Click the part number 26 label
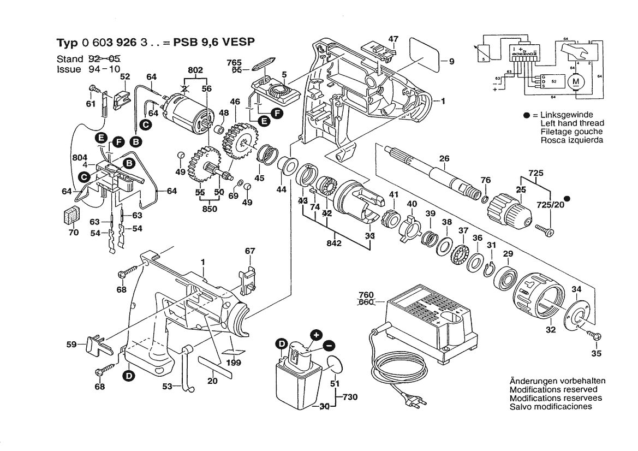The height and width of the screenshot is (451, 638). [x=444, y=159]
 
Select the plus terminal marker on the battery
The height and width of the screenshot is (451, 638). [x=316, y=335]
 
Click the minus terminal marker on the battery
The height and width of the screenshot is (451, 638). [x=329, y=345]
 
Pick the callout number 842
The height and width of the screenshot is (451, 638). [x=334, y=244]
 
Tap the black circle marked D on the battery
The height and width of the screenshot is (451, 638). [x=281, y=344]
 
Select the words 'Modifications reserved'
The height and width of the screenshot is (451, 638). [x=553, y=390]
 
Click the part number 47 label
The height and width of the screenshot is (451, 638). [x=393, y=39]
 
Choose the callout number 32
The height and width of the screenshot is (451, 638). [x=551, y=329]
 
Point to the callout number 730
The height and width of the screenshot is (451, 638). [x=350, y=397]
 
